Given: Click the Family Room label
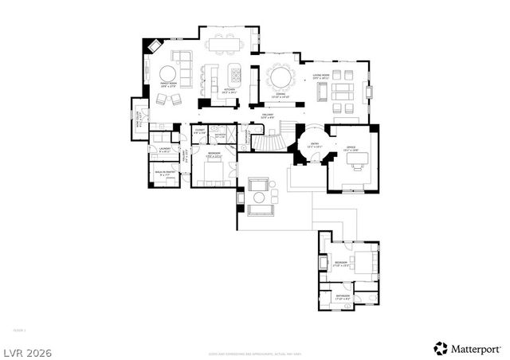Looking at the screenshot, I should coord(167,84).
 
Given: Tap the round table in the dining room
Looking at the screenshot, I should coord(280,77).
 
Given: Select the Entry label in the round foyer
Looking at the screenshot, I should coord(304,144).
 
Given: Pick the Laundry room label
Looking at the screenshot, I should coord(165,149).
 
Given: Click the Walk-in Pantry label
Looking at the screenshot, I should coord(166,173).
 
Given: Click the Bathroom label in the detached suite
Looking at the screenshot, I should coord(343,296).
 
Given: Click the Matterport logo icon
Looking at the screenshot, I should coord(439,348).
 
